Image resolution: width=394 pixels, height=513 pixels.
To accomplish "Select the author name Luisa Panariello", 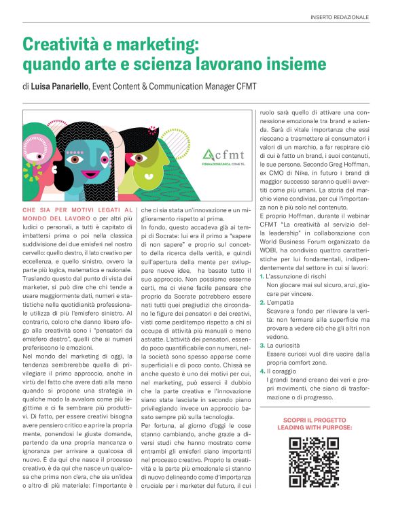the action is pos(64,86).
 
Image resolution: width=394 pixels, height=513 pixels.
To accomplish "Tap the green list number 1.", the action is pos(262,277).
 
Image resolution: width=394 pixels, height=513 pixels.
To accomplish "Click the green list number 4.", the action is pos(262,371).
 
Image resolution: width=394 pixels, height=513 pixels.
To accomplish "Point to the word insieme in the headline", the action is pos(285,66).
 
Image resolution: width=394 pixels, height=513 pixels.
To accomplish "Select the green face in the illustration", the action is pos(169,160).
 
